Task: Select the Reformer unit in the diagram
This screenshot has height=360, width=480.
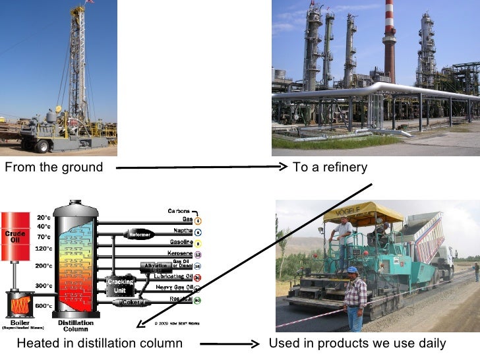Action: coord(140,234)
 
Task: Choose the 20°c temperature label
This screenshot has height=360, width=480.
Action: coord(44,218)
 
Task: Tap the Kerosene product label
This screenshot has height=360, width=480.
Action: coord(177,254)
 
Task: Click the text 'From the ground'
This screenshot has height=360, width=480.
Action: coord(54,167)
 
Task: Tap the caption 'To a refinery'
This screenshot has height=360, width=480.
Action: coord(330,167)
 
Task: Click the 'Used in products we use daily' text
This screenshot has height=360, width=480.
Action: coord(357,344)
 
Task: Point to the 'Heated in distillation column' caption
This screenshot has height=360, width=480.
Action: coord(100,344)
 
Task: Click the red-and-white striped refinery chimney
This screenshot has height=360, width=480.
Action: coord(389,40)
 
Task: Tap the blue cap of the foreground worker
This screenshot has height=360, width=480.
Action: coord(353,270)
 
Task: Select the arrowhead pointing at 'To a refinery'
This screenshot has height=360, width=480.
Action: coord(284,167)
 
